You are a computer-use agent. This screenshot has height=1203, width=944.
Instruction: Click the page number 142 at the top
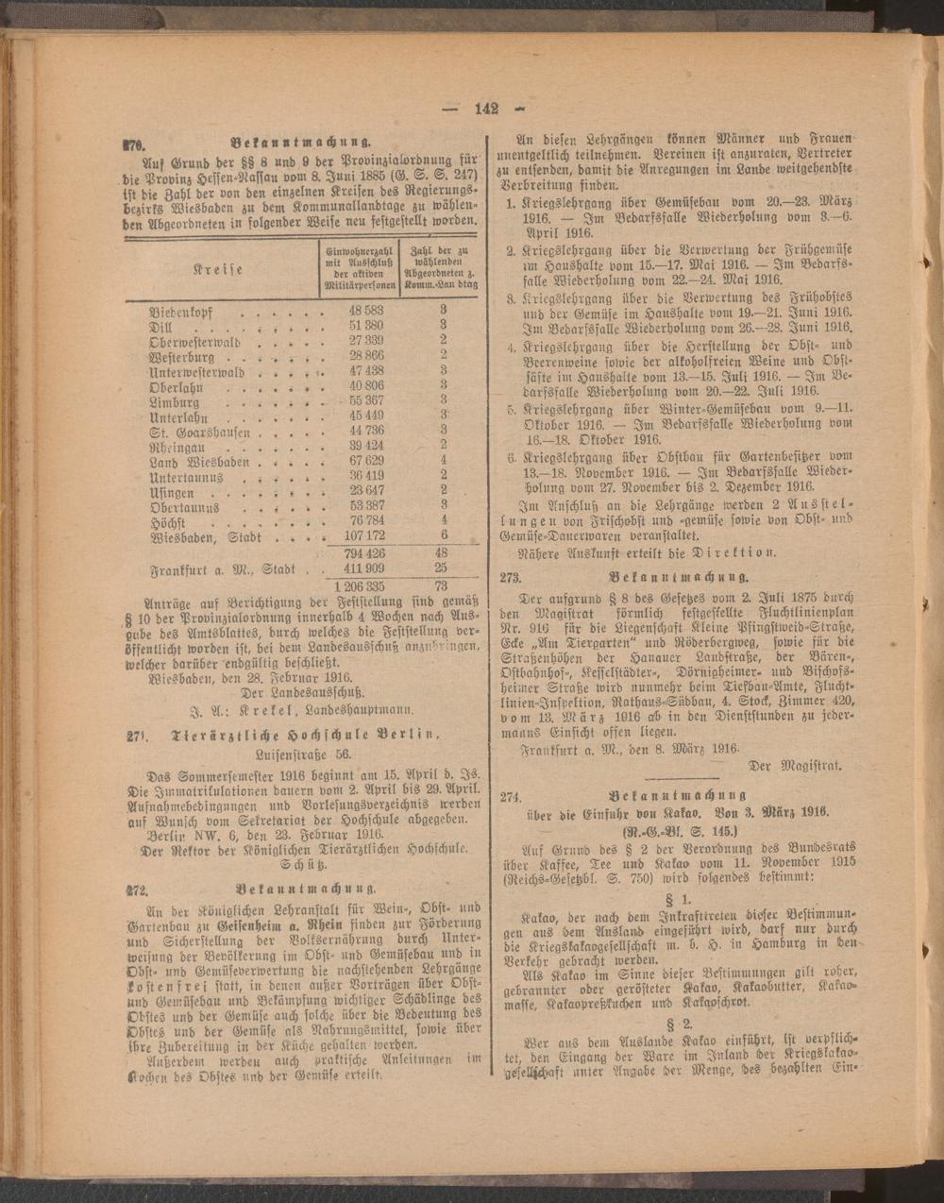pyautogui.click(x=486, y=108)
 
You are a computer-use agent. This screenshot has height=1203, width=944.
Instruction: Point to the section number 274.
pyautogui.click(x=511, y=796)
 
